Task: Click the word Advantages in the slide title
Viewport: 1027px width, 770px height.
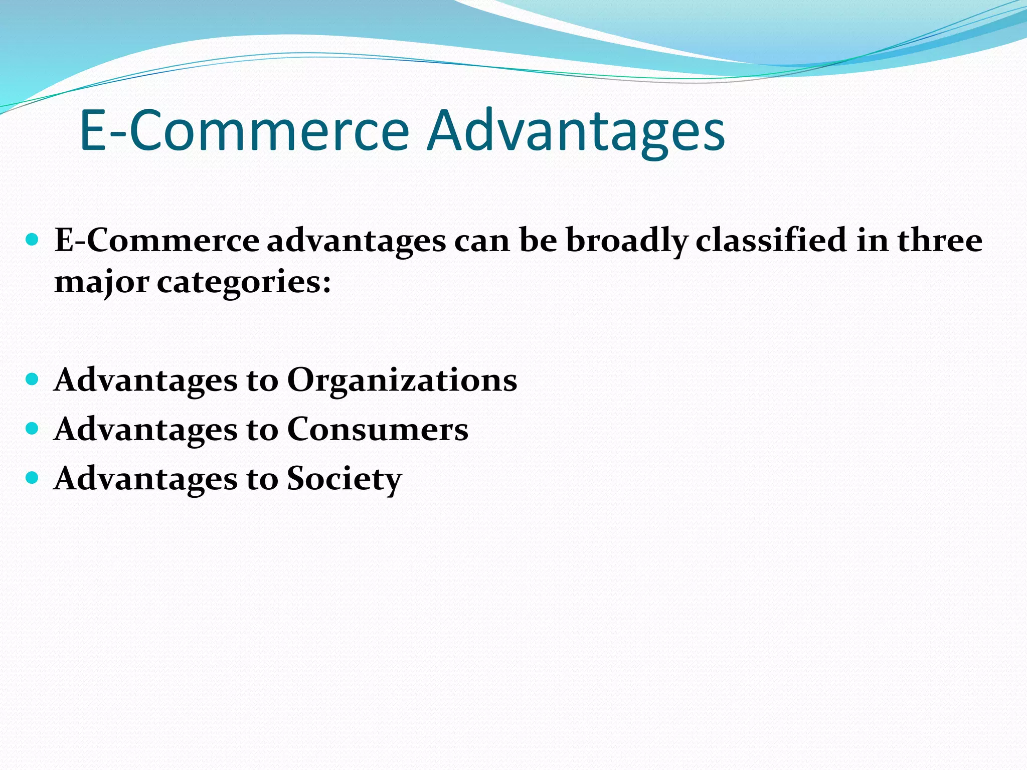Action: point(576,131)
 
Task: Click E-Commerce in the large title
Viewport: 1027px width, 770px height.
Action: point(244,131)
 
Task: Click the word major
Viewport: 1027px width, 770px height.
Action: point(102,282)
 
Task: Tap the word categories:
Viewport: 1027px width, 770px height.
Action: point(244,282)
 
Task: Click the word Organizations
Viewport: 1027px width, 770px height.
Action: point(402,380)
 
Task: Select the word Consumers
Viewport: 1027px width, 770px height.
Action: point(378,430)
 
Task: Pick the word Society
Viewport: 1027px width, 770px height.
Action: point(344,479)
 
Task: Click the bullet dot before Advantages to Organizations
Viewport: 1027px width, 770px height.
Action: point(32,379)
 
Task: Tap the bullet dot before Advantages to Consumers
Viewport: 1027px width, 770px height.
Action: point(32,429)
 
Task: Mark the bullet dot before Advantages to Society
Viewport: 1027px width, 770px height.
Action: point(32,478)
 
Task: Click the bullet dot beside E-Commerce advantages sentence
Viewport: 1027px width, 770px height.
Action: point(32,239)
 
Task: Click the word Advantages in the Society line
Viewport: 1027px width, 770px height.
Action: point(145,479)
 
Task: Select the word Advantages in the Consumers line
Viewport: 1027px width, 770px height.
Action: point(145,430)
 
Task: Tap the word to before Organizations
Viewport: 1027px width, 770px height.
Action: point(262,380)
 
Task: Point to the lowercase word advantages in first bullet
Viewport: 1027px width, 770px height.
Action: point(356,241)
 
